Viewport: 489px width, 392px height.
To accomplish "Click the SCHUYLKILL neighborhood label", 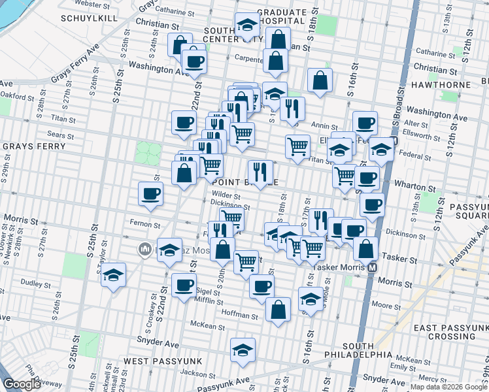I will click(x=90, y=18).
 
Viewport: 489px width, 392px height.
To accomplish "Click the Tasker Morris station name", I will click(x=339, y=267).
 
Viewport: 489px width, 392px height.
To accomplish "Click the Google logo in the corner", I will click(x=23, y=384).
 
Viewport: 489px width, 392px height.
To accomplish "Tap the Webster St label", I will click(x=92, y=4).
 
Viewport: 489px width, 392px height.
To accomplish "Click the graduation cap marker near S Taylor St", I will click(x=114, y=274).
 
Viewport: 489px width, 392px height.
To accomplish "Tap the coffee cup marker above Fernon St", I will click(x=151, y=193).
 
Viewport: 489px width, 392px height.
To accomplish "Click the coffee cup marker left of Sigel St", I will click(x=184, y=285).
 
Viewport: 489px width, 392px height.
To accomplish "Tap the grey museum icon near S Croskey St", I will click(x=144, y=249).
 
